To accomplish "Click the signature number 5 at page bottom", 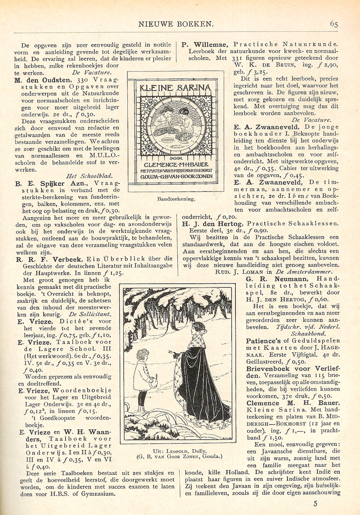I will click(333, 504).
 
